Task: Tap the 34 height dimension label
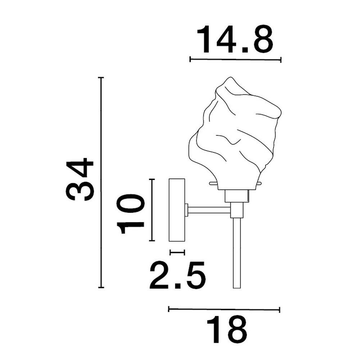[x=80, y=179]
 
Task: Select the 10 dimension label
[x=130, y=214]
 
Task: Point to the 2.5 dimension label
[x=177, y=275]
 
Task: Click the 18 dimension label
[x=226, y=330]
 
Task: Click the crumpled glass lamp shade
[x=235, y=134]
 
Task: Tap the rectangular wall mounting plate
[x=177, y=210]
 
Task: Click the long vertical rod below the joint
[x=237, y=253]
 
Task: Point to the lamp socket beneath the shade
[x=237, y=196]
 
